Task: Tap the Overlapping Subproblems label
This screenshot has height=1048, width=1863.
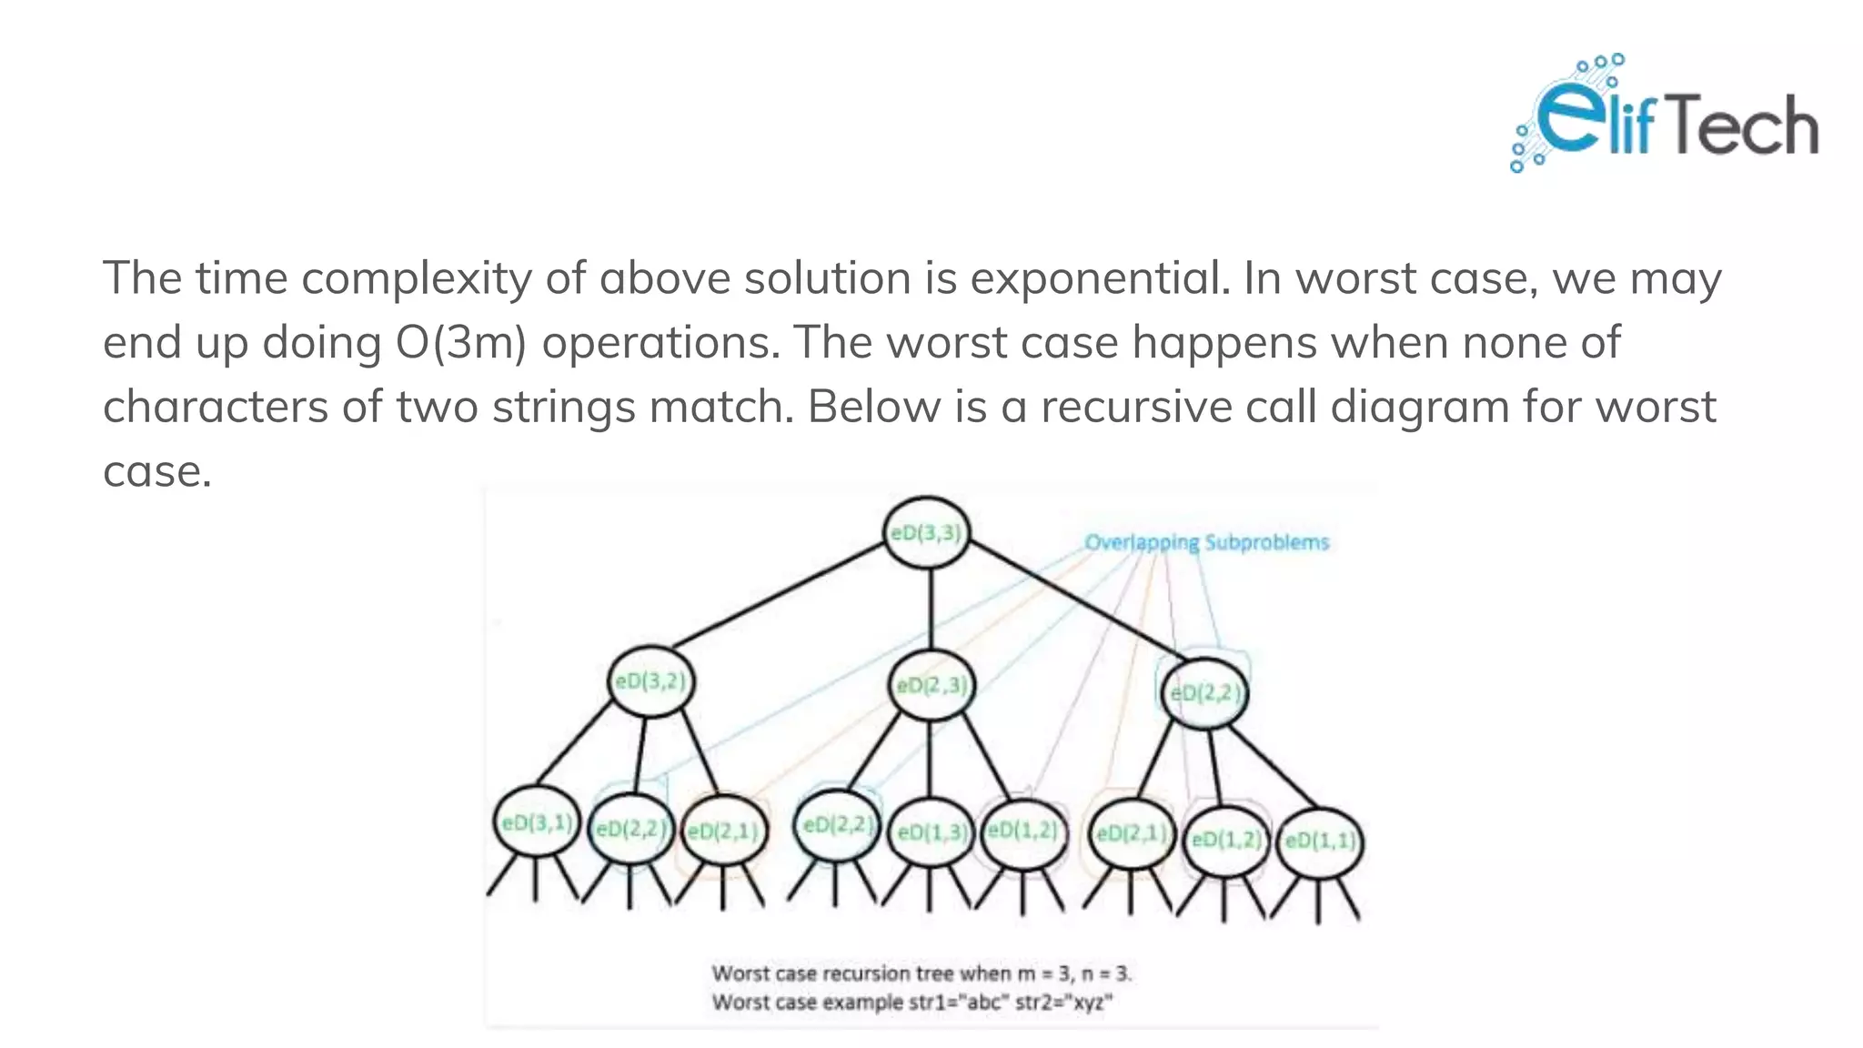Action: [x=1206, y=542]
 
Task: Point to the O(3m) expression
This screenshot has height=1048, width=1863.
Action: [x=461, y=343]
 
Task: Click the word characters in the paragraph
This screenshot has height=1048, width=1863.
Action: [x=215, y=407]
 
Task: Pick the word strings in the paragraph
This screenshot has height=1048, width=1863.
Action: [x=563, y=407]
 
